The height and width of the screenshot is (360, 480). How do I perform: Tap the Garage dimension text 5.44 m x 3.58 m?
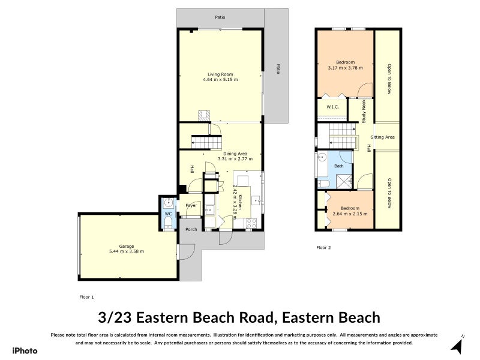tap(127, 251)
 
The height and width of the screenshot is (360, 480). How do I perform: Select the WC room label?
tap(169, 214)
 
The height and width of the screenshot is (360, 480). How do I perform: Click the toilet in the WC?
tap(169, 224)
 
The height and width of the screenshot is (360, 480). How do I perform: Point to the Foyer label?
tap(191, 205)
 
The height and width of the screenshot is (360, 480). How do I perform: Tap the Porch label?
tap(191, 230)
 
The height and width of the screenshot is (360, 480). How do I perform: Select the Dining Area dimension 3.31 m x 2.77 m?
tap(235, 159)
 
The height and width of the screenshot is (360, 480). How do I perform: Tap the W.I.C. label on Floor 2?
tap(332, 107)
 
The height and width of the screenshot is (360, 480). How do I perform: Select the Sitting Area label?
tap(382, 137)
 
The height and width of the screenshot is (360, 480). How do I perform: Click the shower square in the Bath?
tap(345, 181)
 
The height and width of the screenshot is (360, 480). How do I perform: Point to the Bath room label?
tap(338, 166)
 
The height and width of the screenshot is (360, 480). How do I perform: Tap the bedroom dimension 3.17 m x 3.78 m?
tap(345, 68)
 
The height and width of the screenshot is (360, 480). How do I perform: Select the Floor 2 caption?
tap(323, 247)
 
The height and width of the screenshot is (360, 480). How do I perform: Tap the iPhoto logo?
tap(25, 350)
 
